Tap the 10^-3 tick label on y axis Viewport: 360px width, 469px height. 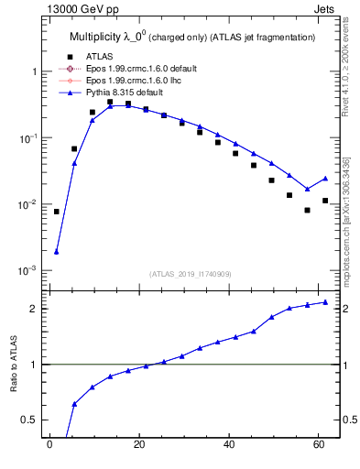pyautogui.click(x=27, y=271)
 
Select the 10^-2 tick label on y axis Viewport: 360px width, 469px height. pyautogui.click(x=27, y=204)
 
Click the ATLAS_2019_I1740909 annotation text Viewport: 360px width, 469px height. pyautogui.click(x=190, y=274)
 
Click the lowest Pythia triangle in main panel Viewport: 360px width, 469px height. pyautogui.click(x=57, y=252)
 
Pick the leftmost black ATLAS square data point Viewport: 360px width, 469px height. pyautogui.click(x=57, y=212)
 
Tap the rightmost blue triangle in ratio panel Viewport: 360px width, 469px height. pyautogui.click(x=325, y=302)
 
